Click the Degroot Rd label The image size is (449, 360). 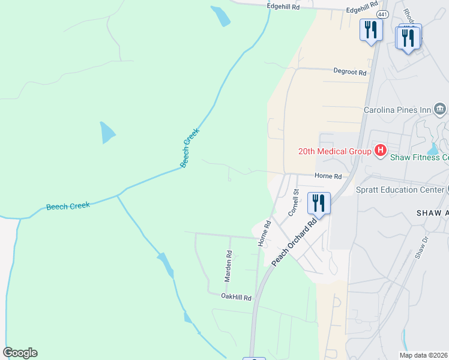[350, 72]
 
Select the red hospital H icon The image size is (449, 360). [379, 151]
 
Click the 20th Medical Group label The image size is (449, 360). [334, 151]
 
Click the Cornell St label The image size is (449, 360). [294, 203]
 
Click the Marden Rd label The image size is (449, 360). [228, 265]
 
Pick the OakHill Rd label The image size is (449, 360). [236, 296]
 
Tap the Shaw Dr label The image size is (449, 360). [423, 247]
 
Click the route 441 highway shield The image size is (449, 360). [382, 13]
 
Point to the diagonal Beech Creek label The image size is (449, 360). [189, 148]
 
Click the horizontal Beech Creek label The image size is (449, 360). [68, 206]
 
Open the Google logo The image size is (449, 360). [20, 353]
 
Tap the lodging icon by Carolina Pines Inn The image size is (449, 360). [440, 109]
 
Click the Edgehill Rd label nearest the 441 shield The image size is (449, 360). [361, 10]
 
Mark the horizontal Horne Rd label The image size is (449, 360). [328, 176]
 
